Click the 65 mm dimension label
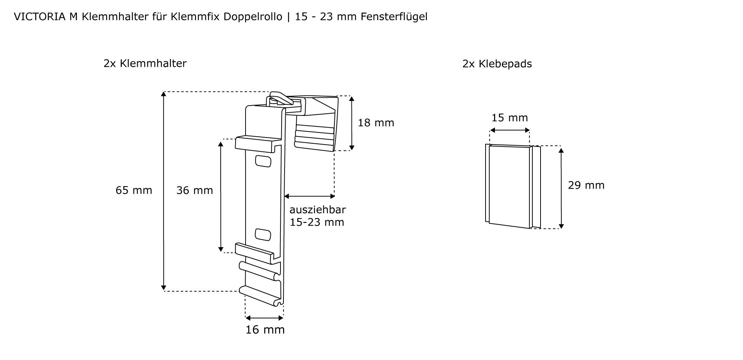point(134,190)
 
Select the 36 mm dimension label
point(195,190)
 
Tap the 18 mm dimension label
point(376,123)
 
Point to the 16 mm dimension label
point(265,330)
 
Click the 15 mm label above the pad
point(510,118)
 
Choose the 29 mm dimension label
point(586,185)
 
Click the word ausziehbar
point(318,210)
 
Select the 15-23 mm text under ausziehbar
point(317,222)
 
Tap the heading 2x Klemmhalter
point(145,64)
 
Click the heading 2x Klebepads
point(497,64)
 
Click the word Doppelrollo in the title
point(253,17)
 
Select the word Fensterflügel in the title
point(394,17)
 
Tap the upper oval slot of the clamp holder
point(263,161)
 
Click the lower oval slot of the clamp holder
point(263,234)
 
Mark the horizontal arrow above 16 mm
point(265,318)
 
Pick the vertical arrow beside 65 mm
point(163,191)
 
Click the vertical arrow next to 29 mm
point(561,188)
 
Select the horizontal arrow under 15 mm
point(510,130)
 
